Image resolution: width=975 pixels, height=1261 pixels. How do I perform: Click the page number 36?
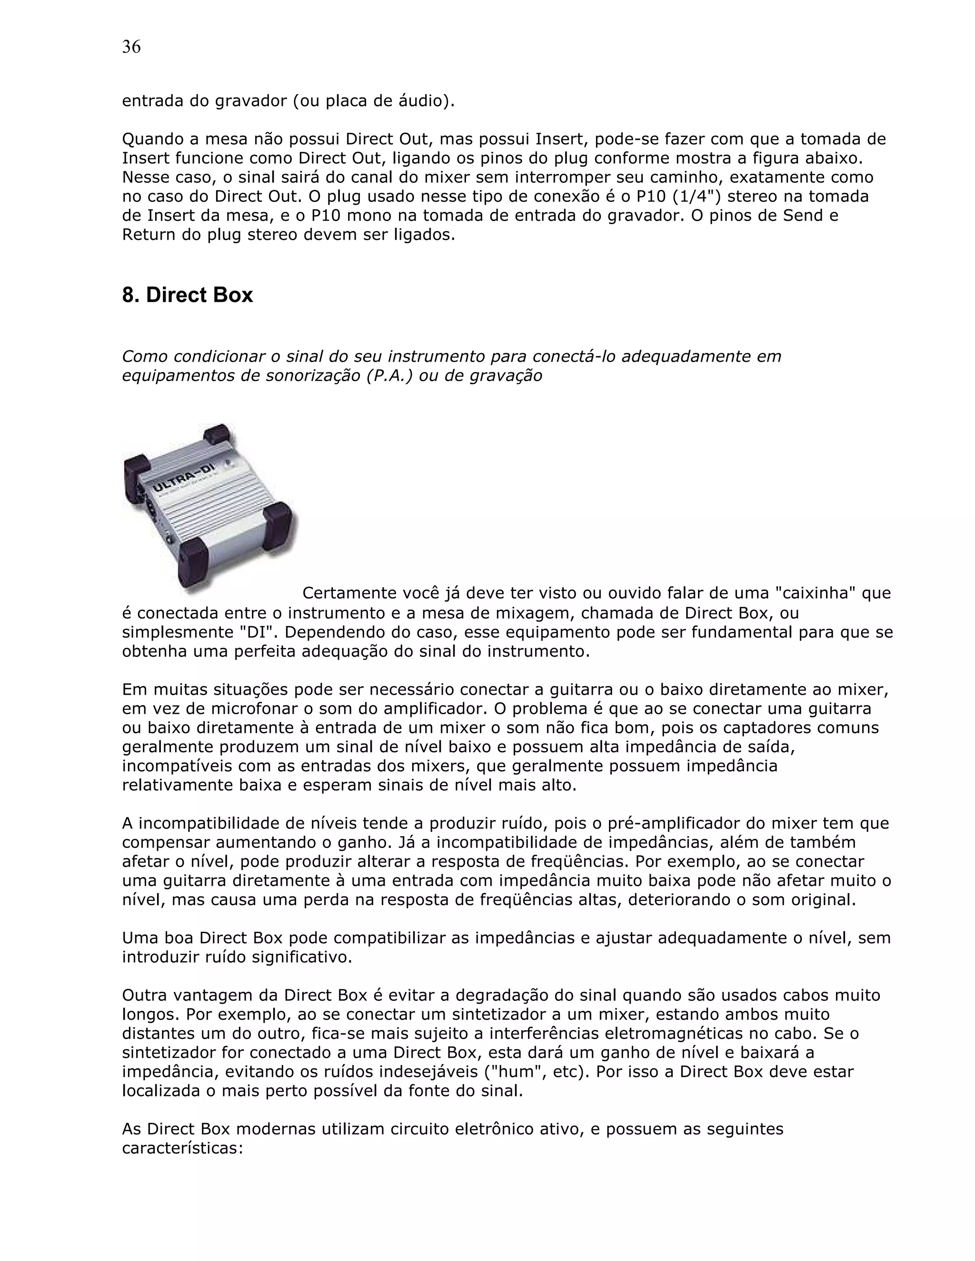point(131,47)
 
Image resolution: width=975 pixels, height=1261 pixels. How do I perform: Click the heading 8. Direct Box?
point(187,295)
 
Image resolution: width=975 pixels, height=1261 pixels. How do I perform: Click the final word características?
point(182,1148)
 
